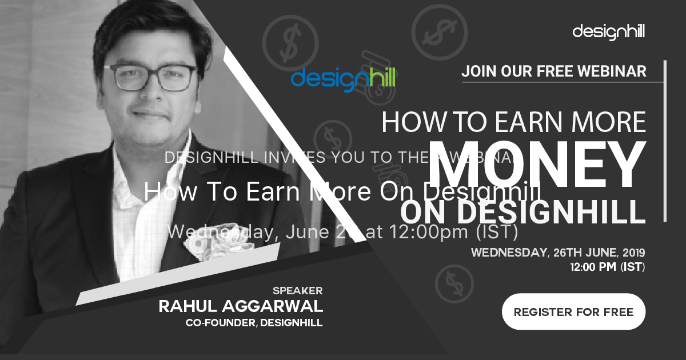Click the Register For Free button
pos(573,312)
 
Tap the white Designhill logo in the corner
pos(608,31)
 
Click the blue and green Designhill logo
pos(343,78)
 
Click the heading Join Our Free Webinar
pos(554,71)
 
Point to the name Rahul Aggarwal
pos(241,306)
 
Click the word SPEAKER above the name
pos(297,290)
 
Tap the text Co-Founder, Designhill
pos(254,323)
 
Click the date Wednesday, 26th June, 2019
pos(557,253)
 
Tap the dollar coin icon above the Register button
pos(450,282)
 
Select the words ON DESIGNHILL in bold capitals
pos(523,211)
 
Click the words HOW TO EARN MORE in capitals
pos(513,122)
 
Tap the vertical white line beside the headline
pos(665,140)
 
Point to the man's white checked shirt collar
pos(129,171)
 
